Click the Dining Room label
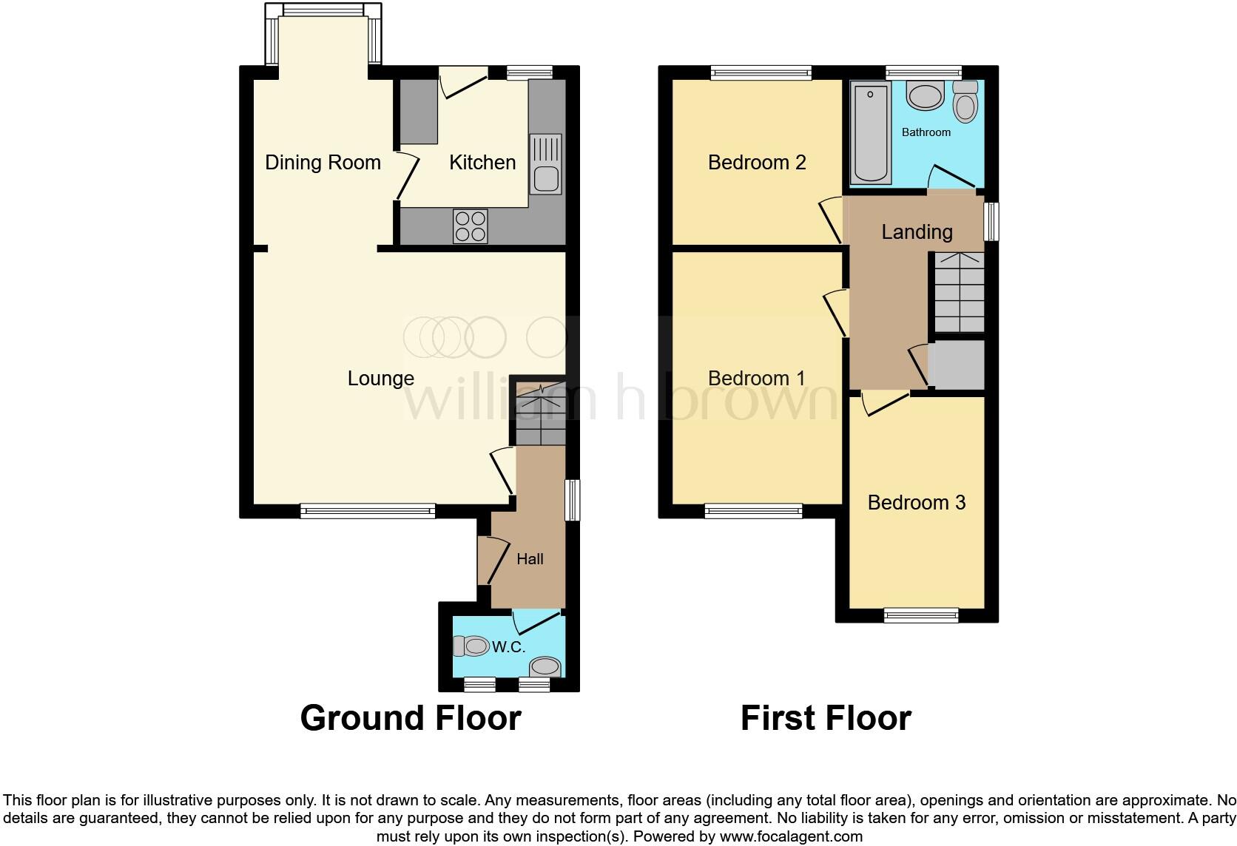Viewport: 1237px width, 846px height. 323,163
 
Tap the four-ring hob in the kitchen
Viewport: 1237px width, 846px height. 471,226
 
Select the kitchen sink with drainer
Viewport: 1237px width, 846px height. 546,164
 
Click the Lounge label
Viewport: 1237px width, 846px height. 381,379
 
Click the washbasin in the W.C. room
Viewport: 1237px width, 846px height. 545,666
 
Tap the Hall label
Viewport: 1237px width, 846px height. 530,559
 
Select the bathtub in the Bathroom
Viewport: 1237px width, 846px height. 870,133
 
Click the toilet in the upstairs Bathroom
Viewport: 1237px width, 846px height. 965,101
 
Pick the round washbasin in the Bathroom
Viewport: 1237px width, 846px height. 925,96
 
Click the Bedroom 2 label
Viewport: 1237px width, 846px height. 756,163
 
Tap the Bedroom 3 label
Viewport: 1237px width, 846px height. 916,503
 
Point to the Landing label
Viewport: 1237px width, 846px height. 917,232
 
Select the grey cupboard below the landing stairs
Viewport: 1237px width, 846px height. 957,364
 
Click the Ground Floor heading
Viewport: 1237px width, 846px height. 411,718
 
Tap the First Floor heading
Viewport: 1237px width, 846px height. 826,718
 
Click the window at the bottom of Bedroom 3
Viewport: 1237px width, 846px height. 921,615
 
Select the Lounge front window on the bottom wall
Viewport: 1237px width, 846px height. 368,511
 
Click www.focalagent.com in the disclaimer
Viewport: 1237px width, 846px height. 791,836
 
